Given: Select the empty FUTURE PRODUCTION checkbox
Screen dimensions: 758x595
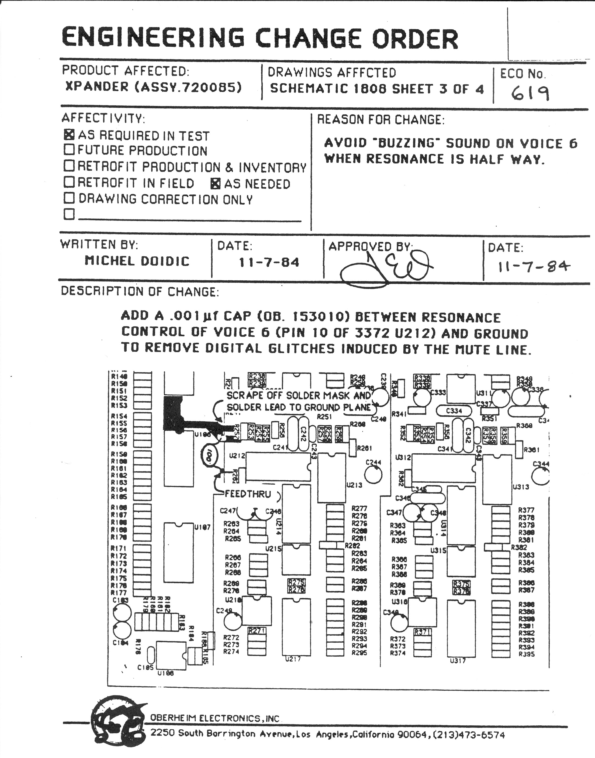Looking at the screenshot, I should click(x=69, y=149).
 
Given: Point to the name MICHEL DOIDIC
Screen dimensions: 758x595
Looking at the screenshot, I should click(x=137, y=261).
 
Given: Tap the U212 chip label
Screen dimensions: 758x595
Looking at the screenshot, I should click(x=237, y=455).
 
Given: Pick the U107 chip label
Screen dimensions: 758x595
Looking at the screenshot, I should click(x=202, y=527).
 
